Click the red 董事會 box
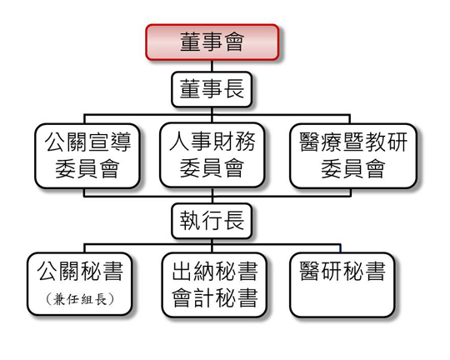[x=212, y=42]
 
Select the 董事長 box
[x=212, y=89]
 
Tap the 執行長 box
[x=212, y=221]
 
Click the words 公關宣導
[x=87, y=142]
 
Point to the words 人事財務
[x=212, y=142]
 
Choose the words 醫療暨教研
[x=353, y=142]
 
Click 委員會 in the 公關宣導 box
[x=87, y=168]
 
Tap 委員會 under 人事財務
[x=212, y=168]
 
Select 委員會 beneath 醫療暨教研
[x=353, y=168]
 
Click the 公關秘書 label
[x=80, y=272]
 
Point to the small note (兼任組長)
[x=80, y=300]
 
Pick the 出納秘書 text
[x=215, y=272]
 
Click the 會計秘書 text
[x=215, y=297]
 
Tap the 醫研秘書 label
[x=342, y=272]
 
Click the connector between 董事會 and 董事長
[x=212, y=66]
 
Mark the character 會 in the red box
[x=234, y=42]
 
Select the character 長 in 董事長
[x=234, y=89]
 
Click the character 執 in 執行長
[x=190, y=221]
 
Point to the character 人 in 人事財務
[x=179, y=142]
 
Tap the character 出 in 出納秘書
[x=182, y=272]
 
